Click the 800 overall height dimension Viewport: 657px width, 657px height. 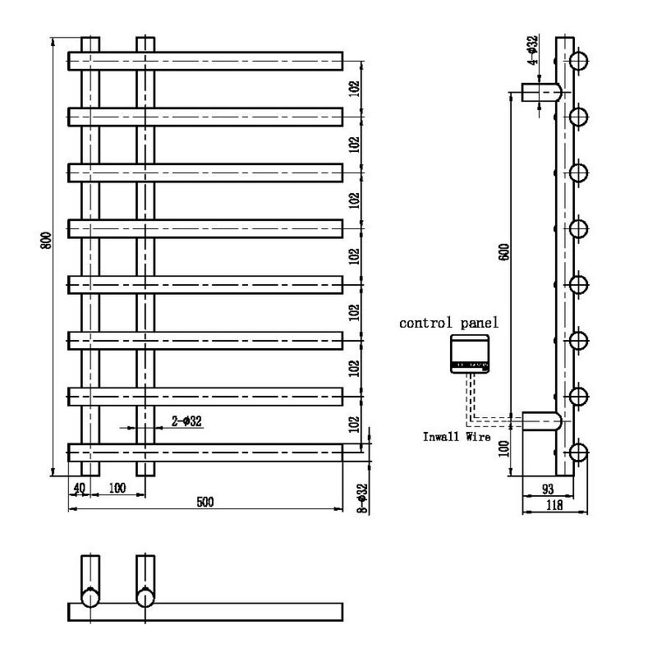click(x=48, y=241)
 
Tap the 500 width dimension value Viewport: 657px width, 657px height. click(x=204, y=502)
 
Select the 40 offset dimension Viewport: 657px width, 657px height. click(x=79, y=488)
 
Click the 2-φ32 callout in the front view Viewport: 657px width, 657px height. click(x=186, y=421)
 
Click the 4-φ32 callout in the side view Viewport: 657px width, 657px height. click(x=533, y=50)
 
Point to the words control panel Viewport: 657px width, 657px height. click(x=448, y=324)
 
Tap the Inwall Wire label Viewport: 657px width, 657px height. click(x=457, y=437)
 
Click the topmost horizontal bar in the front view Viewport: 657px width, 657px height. click(x=204, y=62)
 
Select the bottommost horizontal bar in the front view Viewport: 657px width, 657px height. click(x=204, y=453)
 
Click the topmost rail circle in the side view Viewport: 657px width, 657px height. click(x=578, y=61)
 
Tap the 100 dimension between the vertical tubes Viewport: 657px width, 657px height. click(x=117, y=488)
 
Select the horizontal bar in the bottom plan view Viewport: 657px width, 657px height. click(x=204, y=612)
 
